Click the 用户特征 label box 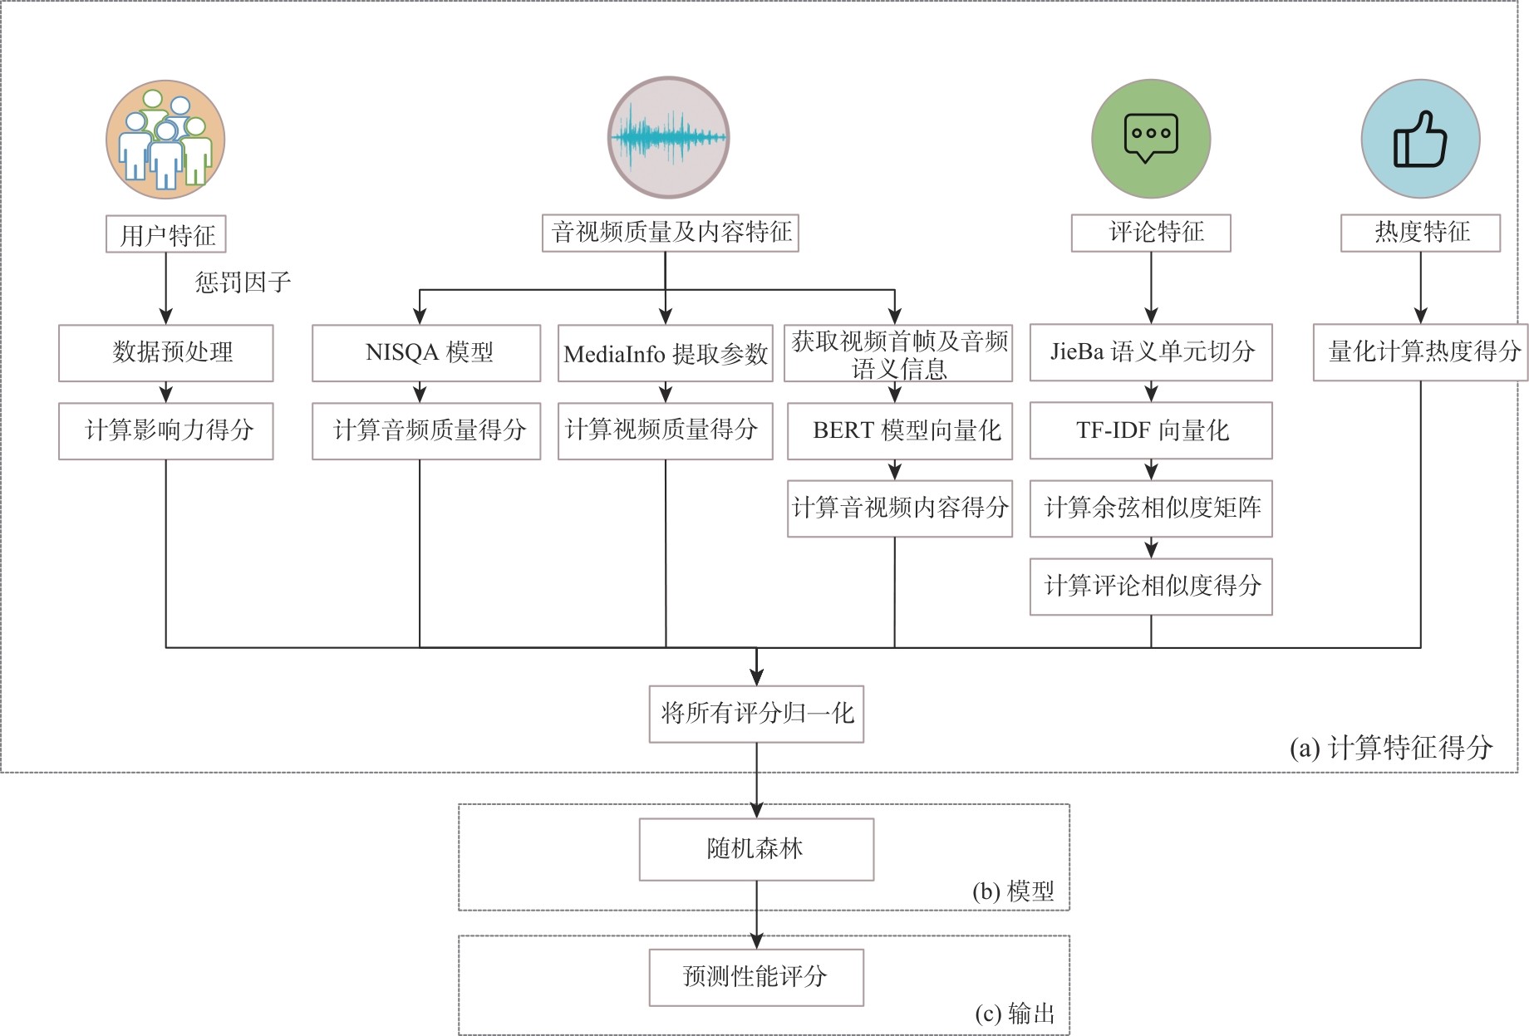[x=166, y=234]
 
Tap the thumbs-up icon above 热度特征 [x=1420, y=140]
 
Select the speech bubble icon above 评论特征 [x=1151, y=139]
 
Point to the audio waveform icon [x=668, y=138]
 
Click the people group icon [x=165, y=140]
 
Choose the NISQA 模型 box [x=426, y=352]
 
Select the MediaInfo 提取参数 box [x=665, y=354]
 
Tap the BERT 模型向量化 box [x=900, y=430]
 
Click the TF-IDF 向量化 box [x=1151, y=430]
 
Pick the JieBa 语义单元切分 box [x=1151, y=352]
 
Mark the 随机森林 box [x=756, y=849]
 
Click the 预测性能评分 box [x=756, y=977]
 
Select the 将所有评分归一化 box [x=756, y=714]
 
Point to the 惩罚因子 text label [x=243, y=282]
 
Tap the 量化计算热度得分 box [x=1420, y=352]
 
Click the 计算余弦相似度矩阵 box [x=1151, y=508]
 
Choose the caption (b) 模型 [x=1013, y=891]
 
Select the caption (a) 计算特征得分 [x=1390, y=748]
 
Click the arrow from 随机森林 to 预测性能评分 [x=756, y=915]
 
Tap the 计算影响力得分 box [x=166, y=430]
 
